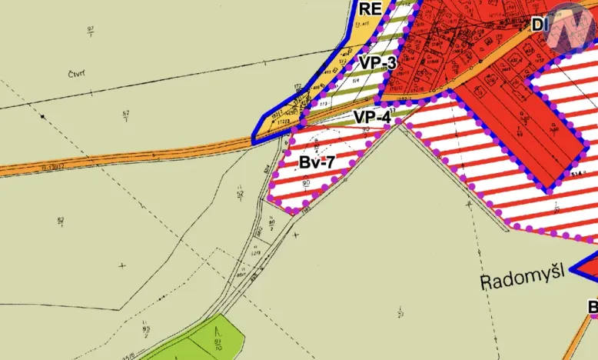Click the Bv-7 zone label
pos(317,162)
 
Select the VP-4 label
pos(373,118)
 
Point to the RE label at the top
pos(370,8)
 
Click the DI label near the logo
pos(539,25)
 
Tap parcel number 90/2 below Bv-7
pos(272,224)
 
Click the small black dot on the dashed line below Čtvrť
pos(43,116)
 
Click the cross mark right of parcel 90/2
pos(296,234)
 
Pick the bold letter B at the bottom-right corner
pos(593,307)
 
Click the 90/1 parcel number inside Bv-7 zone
pos(306,182)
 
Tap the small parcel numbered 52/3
pos(254,251)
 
